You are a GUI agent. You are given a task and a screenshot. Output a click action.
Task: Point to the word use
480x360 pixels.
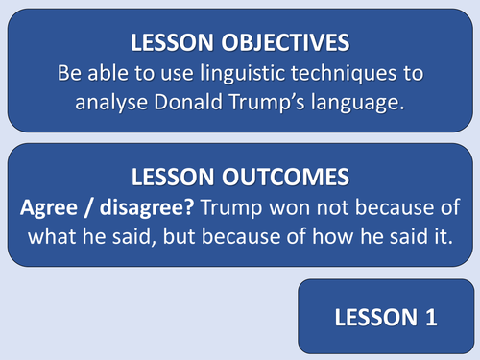click(x=192, y=73)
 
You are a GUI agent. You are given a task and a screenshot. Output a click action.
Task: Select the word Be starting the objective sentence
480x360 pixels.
click(x=99, y=73)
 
